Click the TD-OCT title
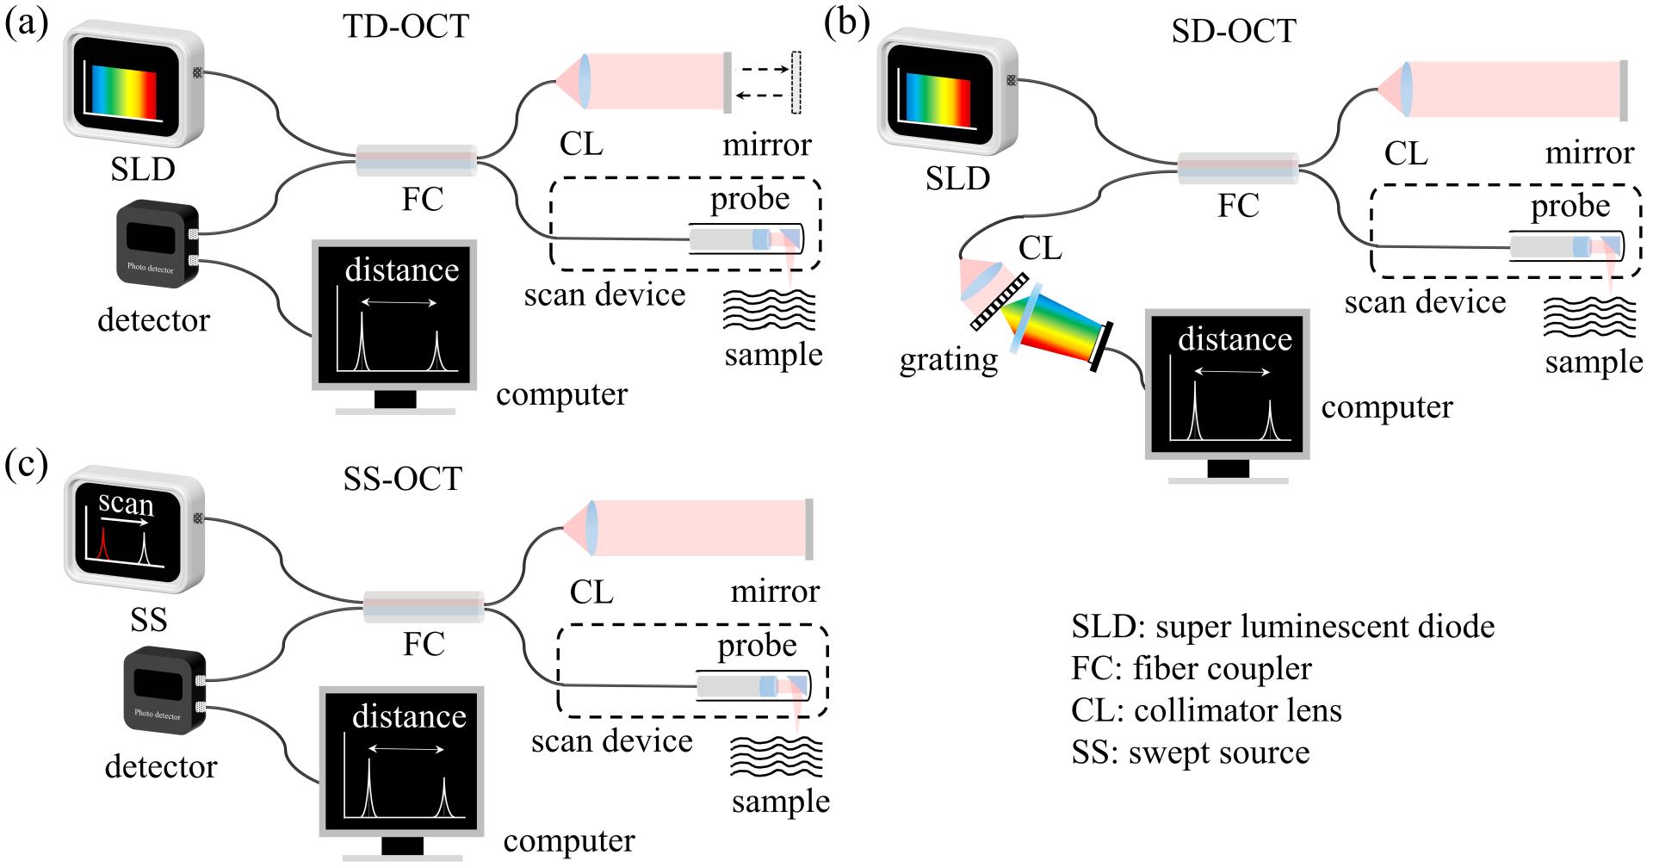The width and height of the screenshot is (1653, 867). [x=406, y=27]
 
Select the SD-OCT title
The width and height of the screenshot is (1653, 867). [x=1233, y=31]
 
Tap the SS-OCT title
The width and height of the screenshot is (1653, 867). [x=399, y=478]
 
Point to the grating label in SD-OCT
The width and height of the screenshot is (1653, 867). [x=949, y=359]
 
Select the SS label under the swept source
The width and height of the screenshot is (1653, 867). [x=147, y=620]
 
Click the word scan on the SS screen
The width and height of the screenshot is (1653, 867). [x=126, y=503]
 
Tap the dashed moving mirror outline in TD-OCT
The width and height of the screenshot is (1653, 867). [x=796, y=83]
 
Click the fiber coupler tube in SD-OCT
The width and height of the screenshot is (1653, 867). [x=1237, y=168]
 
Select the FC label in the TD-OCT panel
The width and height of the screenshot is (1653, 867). [x=422, y=199]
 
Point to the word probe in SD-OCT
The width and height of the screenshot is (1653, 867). [x=1570, y=207]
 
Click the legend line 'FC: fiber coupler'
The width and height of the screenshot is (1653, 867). [x=1192, y=668]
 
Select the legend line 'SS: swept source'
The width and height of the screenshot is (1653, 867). [x=1191, y=752]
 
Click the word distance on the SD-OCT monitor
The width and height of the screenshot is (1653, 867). [x=1235, y=339]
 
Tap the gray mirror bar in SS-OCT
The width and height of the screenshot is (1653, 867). [x=808, y=529]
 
